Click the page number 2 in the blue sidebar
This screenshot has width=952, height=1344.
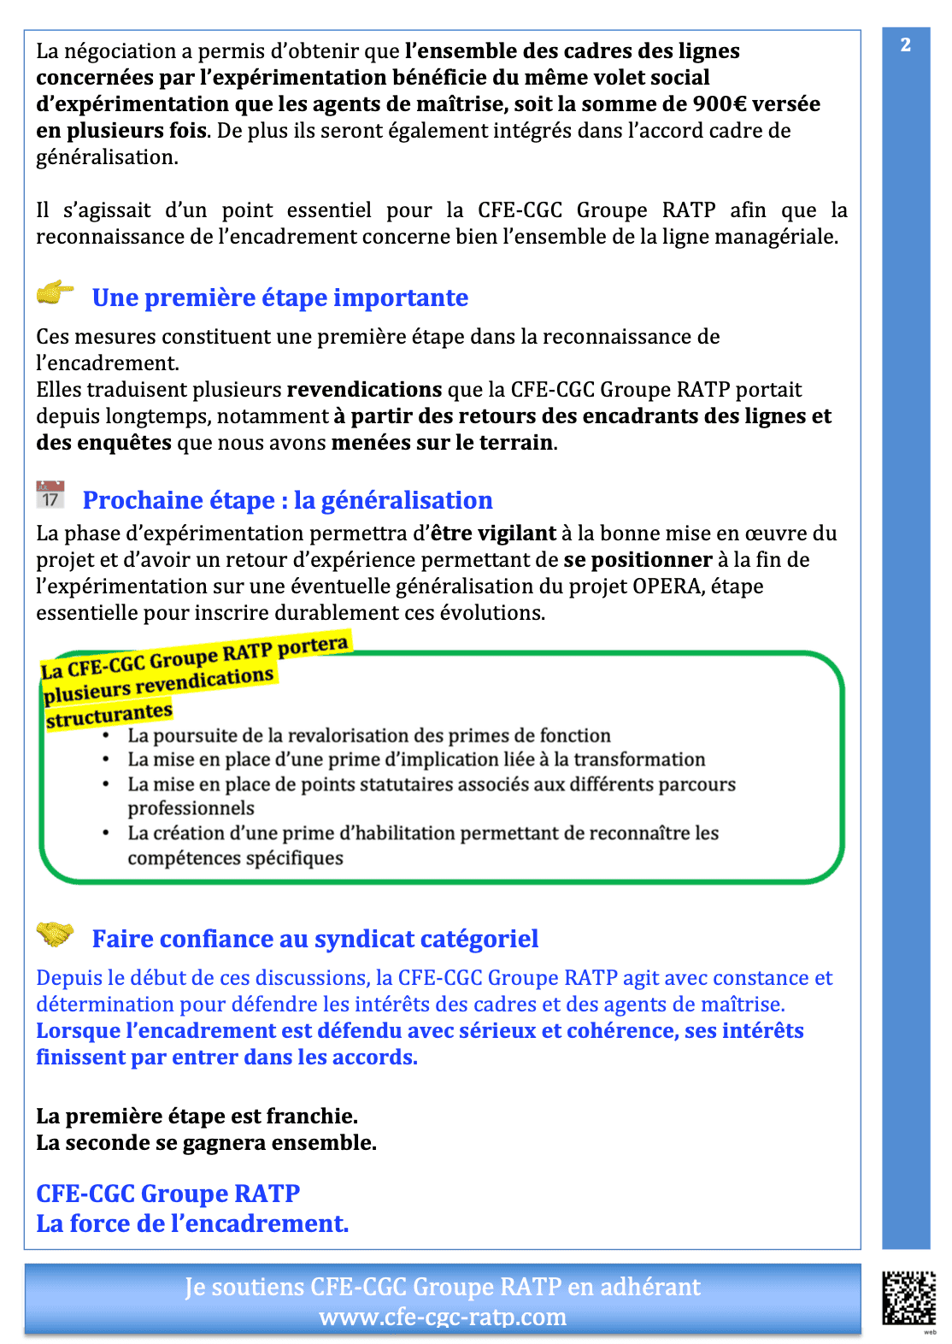(x=905, y=44)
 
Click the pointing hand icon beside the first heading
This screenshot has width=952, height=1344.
(x=56, y=293)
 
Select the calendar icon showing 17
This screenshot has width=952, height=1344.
(x=50, y=495)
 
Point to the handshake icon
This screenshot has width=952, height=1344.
(x=56, y=934)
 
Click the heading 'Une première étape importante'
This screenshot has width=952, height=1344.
(x=279, y=298)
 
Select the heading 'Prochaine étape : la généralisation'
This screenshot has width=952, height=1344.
(x=287, y=500)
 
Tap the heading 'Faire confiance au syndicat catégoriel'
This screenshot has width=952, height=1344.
(x=314, y=939)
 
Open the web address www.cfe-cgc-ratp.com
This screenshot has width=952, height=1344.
(x=443, y=1317)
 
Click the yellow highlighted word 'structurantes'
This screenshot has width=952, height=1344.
(x=109, y=715)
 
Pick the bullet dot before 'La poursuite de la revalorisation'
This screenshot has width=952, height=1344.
(x=106, y=735)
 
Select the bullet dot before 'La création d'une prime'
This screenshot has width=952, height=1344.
(x=106, y=833)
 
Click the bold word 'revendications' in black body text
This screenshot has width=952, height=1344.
(x=364, y=390)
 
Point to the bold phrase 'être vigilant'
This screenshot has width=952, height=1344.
(x=493, y=533)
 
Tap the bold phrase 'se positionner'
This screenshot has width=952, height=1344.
(x=638, y=560)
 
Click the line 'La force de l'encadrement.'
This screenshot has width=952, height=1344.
(x=192, y=1223)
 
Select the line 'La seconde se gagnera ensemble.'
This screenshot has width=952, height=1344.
(x=206, y=1143)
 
